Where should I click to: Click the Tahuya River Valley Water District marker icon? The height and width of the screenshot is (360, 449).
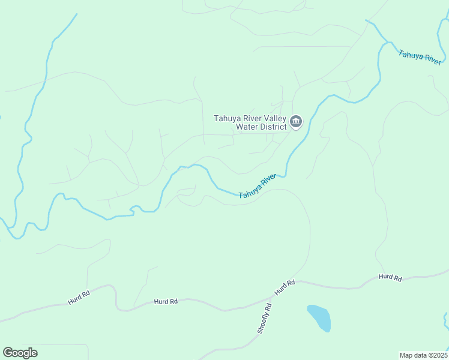click(295, 122)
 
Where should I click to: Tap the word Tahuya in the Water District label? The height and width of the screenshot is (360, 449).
click(228, 118)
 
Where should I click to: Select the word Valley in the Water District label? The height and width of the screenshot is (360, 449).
click(276, 118)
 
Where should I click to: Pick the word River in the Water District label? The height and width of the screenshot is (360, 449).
click(253, 118)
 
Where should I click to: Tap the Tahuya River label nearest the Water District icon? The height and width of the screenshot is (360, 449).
click(258, 187)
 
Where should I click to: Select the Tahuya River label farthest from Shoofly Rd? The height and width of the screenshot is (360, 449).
click(420, 57)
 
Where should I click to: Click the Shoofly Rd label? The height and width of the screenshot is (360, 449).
click(264, 318)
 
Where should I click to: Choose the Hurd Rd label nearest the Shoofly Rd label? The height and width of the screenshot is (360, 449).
click(285, 287)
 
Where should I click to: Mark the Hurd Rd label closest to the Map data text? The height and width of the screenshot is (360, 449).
click(390, 277)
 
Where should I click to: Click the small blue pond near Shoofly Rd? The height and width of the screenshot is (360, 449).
click(319, 317)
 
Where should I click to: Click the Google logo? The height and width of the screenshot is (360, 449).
click(20, 353)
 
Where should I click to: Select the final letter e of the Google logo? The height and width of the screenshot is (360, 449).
click(34, 353)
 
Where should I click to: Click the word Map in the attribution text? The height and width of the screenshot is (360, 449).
click(406, 355)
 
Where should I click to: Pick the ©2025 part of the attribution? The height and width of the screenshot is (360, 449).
click(437, 355)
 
